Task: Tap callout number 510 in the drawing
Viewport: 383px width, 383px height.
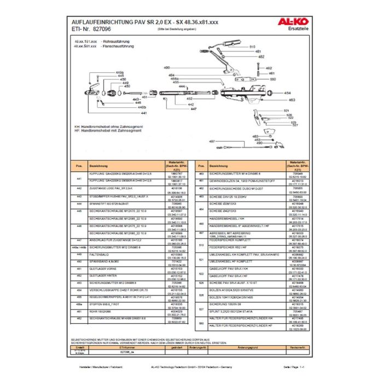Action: (x=252, y=48)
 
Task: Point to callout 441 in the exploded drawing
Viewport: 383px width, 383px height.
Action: (x=144, y=113)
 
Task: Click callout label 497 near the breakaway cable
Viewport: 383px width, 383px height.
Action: (x=213, y=142)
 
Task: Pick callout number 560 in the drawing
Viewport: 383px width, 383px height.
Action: (x=272, y=79)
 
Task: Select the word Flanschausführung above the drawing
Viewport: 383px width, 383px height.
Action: (x=121, y=47)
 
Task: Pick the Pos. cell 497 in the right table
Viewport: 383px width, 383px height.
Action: (x=201, y=233)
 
